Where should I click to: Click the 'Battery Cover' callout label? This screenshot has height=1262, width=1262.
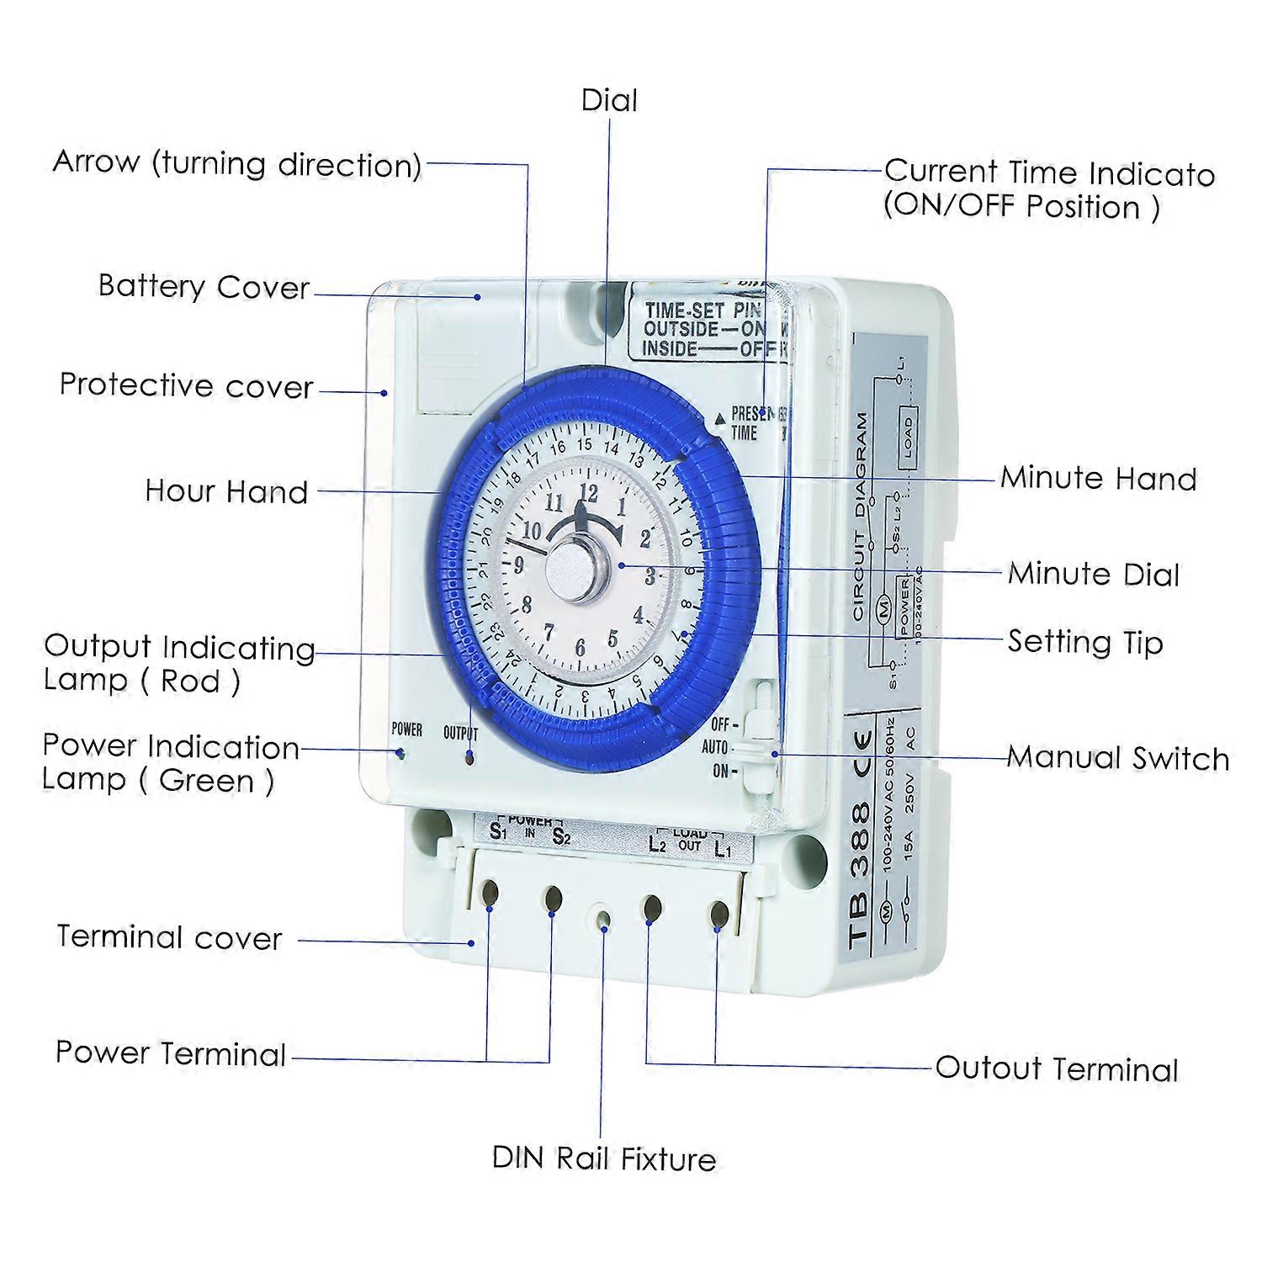point(204,287)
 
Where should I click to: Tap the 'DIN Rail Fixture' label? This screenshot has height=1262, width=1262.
point(603,1159)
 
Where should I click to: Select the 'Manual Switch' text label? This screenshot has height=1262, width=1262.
point(1117,758)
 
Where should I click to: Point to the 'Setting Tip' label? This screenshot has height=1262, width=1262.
point(1085,642)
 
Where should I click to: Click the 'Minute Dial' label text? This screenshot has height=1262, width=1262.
point(1094,574)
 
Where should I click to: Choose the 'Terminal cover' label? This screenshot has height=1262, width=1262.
point(169,937)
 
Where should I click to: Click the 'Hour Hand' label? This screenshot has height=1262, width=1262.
point(226,491)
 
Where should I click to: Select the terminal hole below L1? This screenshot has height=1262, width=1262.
point(718,915)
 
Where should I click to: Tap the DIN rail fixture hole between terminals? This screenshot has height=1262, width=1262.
point(602,918)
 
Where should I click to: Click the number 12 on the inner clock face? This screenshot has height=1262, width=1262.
point(588,493)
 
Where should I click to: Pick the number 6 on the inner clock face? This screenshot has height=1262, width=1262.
point(580,647)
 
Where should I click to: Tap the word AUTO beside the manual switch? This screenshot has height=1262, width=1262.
point(714,747)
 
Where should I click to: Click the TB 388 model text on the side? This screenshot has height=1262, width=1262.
point(861,875)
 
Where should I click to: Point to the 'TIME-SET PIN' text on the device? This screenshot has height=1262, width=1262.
point(702,310)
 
